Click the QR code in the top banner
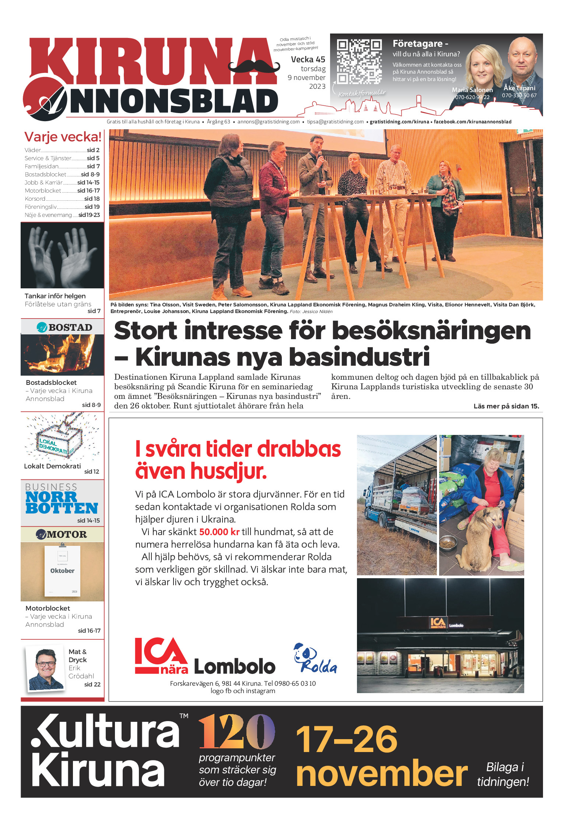tap(359, 62)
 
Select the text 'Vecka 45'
tap(308, 59)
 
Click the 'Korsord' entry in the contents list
tap(35, 199)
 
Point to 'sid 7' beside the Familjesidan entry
tap(93, 166)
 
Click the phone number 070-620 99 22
tap(472, 97)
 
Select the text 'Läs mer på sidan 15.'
tap(506, 406)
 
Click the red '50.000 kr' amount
tap(219, 532)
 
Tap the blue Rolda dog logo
tap(315, 658)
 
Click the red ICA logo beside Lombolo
tap(161, 656)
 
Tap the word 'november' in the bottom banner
tap(381, 773)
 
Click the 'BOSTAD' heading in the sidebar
tap(70, 327)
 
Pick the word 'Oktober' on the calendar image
tap(62, 571)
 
